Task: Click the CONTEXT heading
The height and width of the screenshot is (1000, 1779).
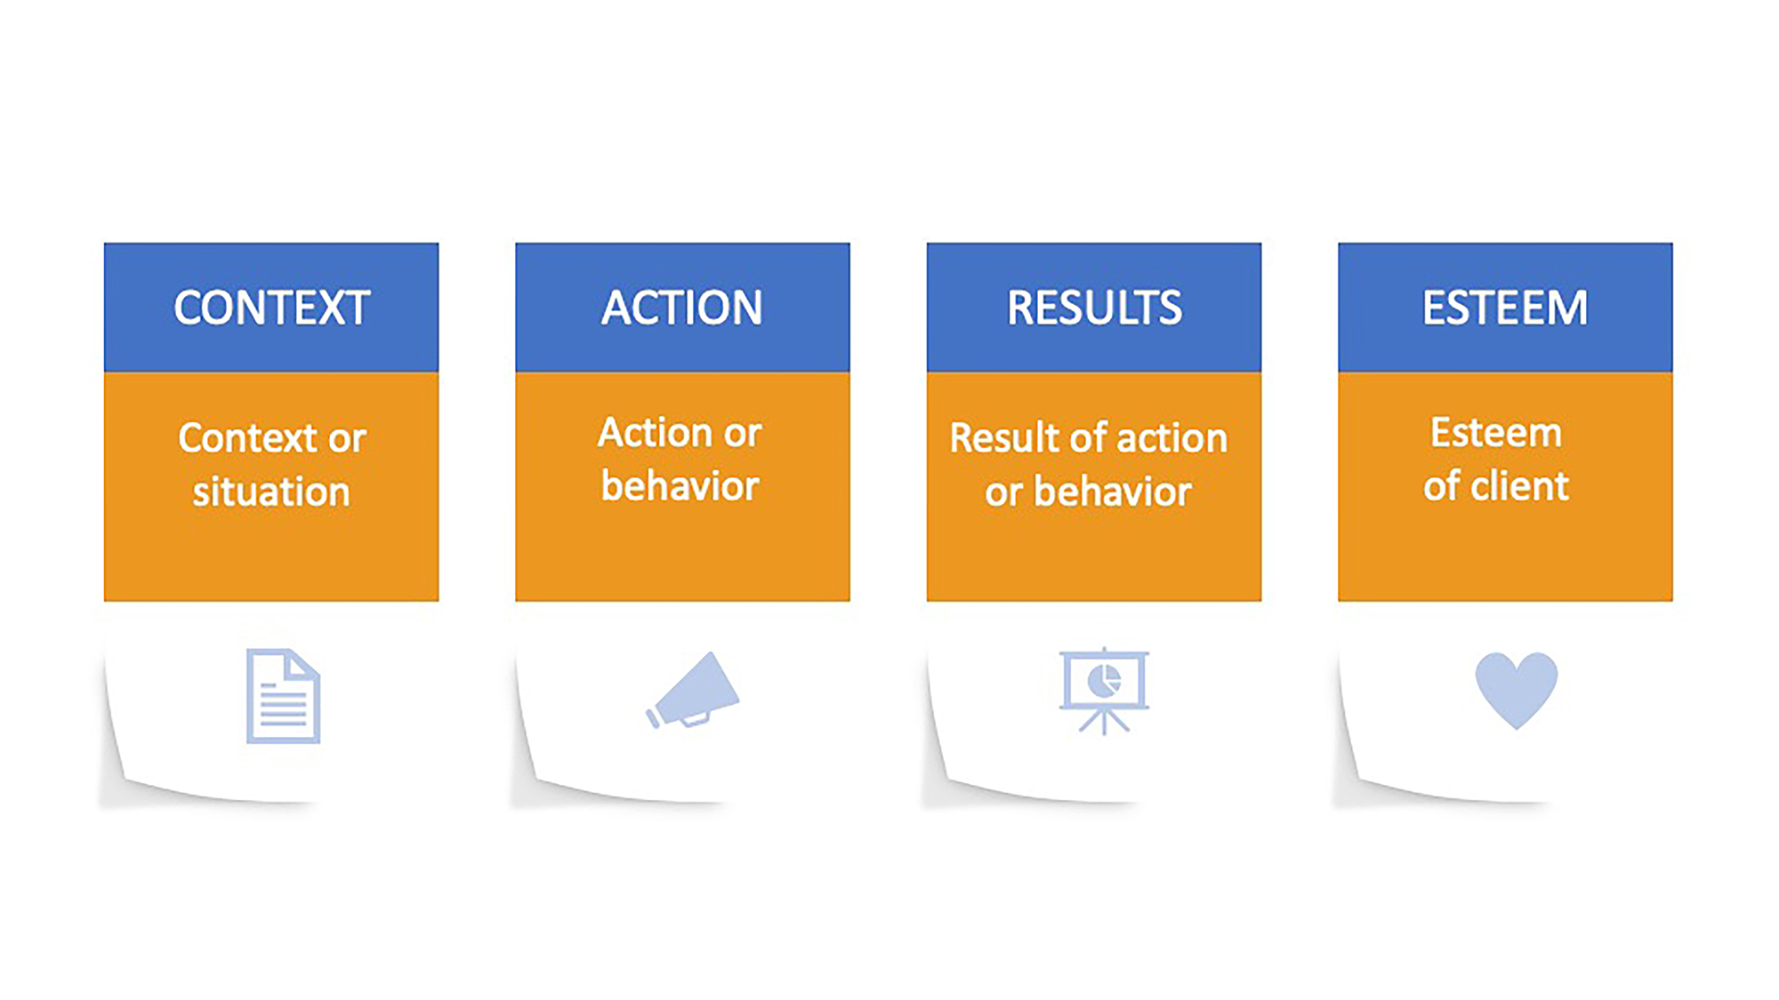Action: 271,308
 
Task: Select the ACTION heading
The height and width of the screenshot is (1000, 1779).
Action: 682,308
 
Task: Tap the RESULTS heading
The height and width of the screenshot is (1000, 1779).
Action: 1094,308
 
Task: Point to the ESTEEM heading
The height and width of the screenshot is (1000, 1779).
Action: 1505,308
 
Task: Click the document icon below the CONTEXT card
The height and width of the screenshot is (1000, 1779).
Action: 283,696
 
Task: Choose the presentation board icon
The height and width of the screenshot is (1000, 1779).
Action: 1104,691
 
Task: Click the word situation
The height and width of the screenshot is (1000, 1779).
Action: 271,492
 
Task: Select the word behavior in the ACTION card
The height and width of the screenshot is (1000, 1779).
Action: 680,486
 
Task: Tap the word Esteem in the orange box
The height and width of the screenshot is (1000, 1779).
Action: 1496,433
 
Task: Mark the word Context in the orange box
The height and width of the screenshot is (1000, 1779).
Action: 247,438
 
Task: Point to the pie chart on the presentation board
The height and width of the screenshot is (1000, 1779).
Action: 1104,682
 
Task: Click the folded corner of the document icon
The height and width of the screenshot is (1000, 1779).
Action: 302,666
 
